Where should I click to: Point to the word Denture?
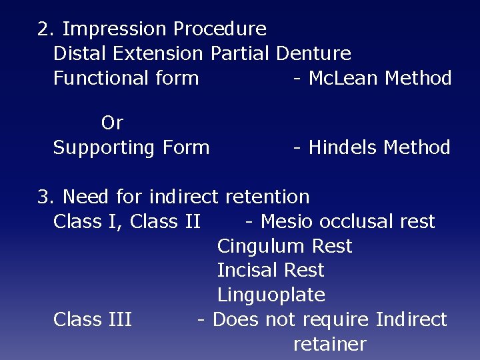coord(313,53)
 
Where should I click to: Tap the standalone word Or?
coord(112,123)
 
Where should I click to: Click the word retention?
coord(267,197)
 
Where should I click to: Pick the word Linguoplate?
coord(271,295)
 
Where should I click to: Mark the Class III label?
coord(93,319)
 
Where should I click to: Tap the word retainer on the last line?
coord(329,344)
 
